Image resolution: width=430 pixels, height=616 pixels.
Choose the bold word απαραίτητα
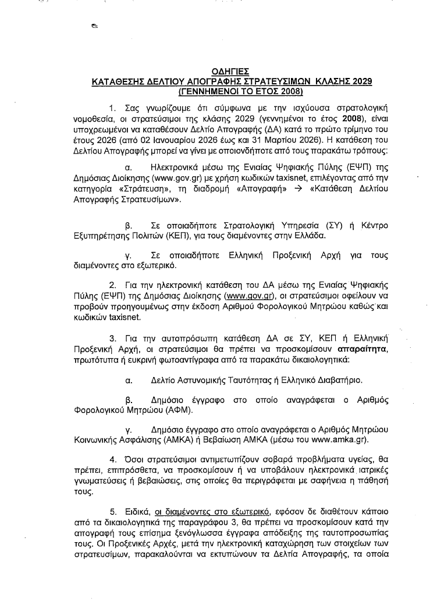tap(362, 350)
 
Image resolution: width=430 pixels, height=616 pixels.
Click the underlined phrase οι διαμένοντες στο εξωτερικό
tap(212, 511)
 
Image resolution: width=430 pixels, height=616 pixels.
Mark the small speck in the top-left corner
tap(93, 26)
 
